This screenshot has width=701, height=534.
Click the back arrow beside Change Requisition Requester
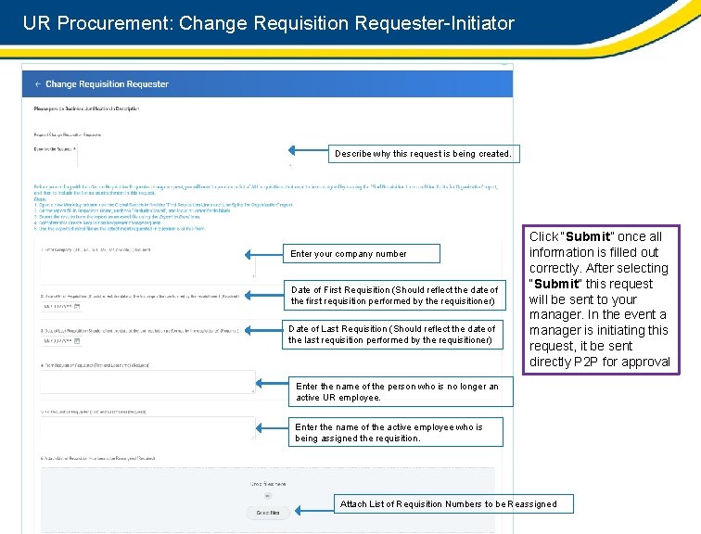tap(38, 84)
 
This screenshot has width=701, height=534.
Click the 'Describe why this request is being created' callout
tap(423, 153)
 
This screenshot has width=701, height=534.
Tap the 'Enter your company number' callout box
tap(349, 254)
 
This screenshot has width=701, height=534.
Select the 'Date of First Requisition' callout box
tap(394, 296)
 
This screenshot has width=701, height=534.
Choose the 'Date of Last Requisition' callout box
tap(391, 335)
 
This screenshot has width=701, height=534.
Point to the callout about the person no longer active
tap(398, 392)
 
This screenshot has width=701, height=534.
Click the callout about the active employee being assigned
tap(398, 433)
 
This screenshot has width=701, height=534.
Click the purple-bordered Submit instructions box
tap(599, 299)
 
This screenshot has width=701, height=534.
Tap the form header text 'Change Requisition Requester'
tap(107, 84)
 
